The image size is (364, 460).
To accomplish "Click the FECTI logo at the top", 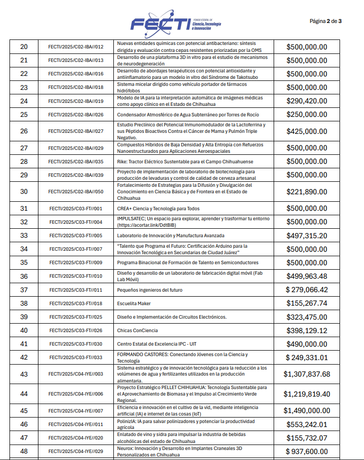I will tap(175, 22).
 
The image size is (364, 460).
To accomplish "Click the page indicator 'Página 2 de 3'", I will tap(326, 21).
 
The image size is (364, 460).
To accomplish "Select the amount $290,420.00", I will tap(307, 101).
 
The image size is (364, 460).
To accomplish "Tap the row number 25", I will tap(24, 114).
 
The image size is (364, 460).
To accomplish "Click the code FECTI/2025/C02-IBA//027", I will tap(76, 131).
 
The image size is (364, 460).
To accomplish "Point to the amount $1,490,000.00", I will tap(307, 411).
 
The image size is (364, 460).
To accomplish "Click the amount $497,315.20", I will tap(307, 236).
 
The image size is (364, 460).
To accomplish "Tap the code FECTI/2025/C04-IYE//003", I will tap(76, 374).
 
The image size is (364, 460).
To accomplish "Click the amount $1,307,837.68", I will tap(307, 374).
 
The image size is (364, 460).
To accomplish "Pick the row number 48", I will tap(24, 451).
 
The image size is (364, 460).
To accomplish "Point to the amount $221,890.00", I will tap(307, 191).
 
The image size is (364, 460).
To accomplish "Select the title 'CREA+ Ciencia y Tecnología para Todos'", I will tap(158, 208).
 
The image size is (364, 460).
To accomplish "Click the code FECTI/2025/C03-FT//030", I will tap(76, 344).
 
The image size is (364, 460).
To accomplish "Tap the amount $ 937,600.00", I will tap(307, 451).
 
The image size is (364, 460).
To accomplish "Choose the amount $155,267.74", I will tap(307, 303).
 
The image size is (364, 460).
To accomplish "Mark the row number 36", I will tap(24, 276).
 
